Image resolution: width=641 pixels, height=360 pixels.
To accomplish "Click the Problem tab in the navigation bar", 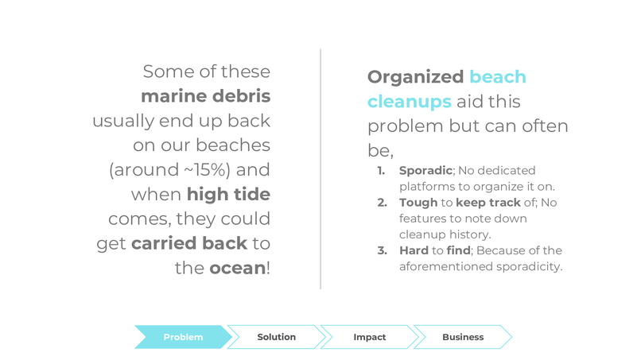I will (x=183, y=337).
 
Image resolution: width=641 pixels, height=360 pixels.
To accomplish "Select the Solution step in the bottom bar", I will (x=276, y=337).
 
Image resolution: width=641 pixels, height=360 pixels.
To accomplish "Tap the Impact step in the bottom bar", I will (x=369, y=337).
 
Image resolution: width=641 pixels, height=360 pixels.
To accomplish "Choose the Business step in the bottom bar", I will (x=462, y=337).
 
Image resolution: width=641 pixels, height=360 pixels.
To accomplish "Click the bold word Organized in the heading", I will (x=415, y=77).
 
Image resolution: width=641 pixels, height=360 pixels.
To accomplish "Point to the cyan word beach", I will (x=497, y=77).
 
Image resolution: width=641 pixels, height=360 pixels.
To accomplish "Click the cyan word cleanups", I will (x=409, y=102).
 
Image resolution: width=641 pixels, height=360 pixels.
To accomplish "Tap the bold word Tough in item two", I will (x=418, y=203).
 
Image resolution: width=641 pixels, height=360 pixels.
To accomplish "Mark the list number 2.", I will (x=382, y=203).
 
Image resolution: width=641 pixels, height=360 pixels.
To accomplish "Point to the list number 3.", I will (x=382, y=250).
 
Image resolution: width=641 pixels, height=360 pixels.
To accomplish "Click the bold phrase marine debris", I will (x=205, y=96).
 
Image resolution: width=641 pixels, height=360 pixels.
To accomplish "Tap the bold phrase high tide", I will (x=228, y=194).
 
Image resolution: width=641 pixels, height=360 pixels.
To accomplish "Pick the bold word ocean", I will (x=236, y=268).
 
